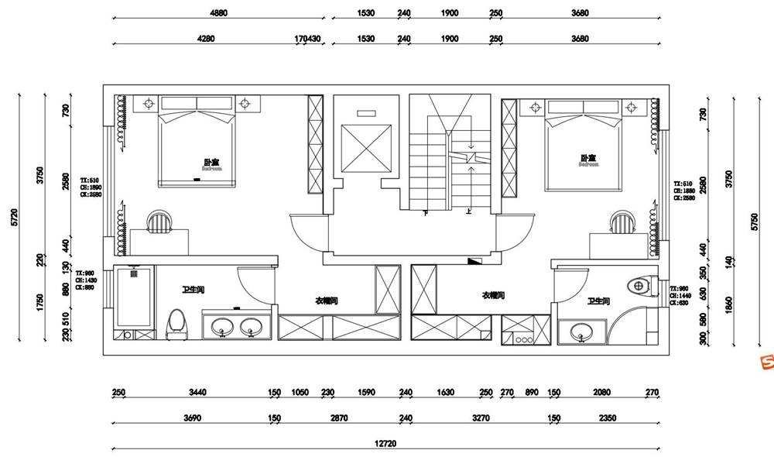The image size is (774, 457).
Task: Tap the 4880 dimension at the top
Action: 219,13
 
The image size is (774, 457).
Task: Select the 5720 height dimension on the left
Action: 13,218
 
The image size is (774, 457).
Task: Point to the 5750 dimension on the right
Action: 755,220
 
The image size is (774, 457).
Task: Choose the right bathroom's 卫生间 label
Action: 598,301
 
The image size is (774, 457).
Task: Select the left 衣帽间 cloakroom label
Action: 326,300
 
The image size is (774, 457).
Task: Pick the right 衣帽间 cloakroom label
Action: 493,295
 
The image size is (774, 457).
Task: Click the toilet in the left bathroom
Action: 176,324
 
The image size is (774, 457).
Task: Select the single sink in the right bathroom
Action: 580,334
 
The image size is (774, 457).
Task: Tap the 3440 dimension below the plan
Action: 199,393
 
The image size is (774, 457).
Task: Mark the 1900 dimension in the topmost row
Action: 450,13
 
